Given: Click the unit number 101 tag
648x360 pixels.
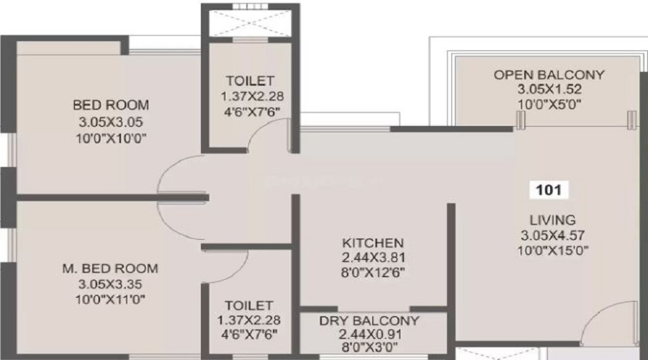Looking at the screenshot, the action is click(549, 190).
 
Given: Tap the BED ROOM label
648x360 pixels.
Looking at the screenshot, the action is click(111, 105).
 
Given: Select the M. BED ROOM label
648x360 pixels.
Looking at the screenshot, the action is click(110, 269).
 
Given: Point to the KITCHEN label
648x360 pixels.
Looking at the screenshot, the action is click(373, 243).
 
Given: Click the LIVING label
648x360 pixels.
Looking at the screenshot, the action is click(553, 220).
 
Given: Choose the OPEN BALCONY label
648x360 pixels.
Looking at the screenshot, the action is click(549, 75).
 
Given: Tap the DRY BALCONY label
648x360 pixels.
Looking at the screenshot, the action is click(369, 320).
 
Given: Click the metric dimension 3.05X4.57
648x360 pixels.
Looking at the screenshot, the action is click(553, 235).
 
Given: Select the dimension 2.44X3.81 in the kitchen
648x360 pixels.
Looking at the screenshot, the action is click(373, 258).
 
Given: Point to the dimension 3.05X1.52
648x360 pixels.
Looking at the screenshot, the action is click(549, 89).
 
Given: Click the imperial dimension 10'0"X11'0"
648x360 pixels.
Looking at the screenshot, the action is click(110, 299).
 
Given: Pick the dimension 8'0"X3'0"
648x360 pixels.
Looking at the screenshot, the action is click(370, 347).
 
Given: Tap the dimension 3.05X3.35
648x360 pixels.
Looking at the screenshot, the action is click(110, 284).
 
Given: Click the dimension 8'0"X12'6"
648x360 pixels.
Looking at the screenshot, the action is click(373, 272).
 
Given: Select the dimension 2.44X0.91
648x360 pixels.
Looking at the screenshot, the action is click(370, 334).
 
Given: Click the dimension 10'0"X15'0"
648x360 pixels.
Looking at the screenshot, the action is click(553, 251).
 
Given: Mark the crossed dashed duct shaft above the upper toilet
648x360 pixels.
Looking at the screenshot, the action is click(250, 23).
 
